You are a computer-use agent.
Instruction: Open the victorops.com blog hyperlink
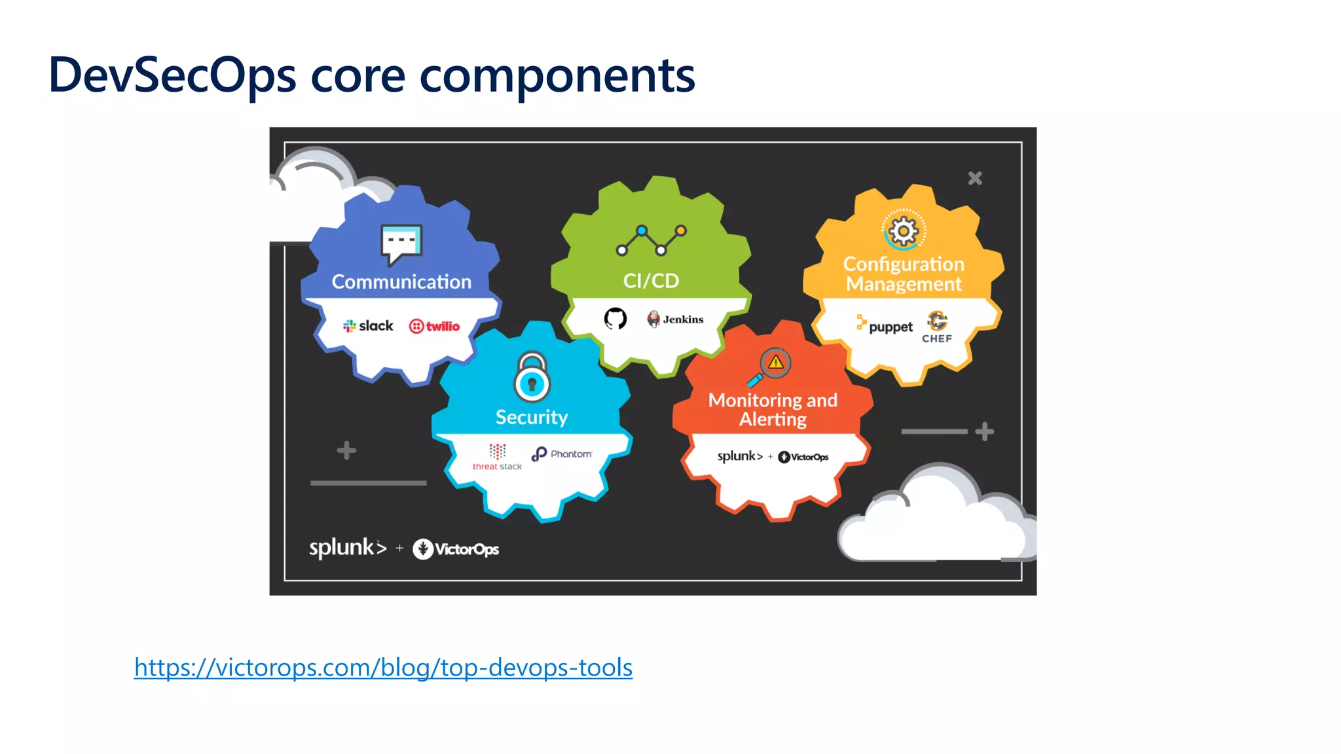383,667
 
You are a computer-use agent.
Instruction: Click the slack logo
368,326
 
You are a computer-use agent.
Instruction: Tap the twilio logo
434,326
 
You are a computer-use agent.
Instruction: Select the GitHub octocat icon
615,319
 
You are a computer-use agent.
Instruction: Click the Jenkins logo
675,319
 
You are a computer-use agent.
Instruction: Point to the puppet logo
884,325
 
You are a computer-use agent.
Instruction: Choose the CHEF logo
937,327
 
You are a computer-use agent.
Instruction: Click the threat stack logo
497,457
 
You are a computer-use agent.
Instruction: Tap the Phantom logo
562,454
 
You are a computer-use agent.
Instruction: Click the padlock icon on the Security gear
532,377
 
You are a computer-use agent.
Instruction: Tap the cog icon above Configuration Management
904,230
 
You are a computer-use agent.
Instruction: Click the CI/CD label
651,281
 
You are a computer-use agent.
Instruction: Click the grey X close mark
975,178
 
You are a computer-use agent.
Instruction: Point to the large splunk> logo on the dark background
348,548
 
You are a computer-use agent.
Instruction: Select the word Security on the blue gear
532,417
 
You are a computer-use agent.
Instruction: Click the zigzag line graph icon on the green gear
651,240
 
